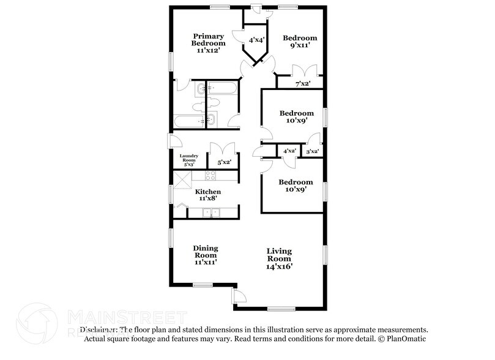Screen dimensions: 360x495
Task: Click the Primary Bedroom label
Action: tap(208, 43)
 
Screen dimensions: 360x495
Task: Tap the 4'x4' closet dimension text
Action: tap(256, 40)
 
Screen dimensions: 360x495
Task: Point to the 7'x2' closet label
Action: tap(302, 83)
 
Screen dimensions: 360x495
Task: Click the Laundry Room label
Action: tap(188, 160)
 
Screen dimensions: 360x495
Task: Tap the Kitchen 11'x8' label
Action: tap(208, 195)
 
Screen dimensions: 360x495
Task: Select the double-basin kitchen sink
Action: tap(211, 213)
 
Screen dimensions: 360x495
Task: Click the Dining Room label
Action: tap(206, 255)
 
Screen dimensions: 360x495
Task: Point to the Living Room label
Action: tap(279, 258)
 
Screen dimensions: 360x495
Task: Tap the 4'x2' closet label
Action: tap(289, 151)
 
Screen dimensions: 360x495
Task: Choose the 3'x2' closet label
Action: tap(312, 151)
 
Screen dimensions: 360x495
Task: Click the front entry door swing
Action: tap(240, 298)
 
